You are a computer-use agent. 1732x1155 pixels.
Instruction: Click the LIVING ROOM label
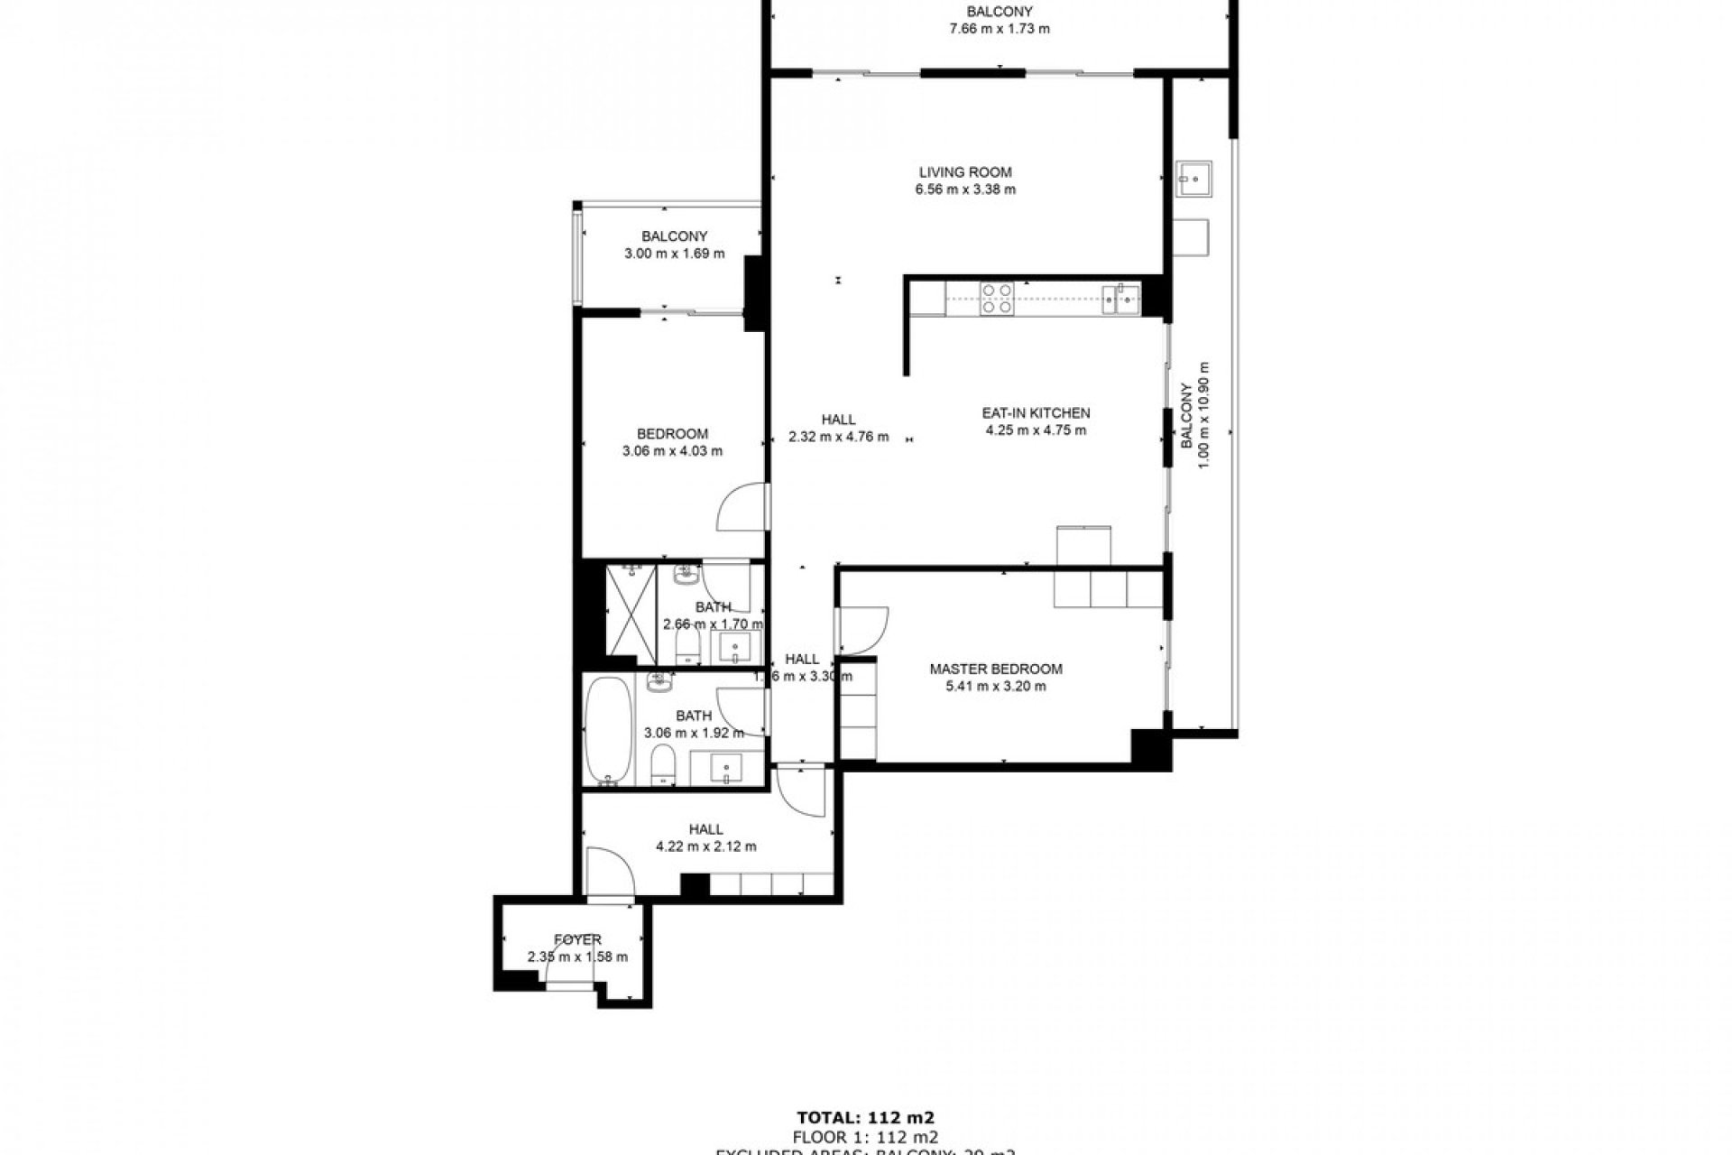(x=964, y=172)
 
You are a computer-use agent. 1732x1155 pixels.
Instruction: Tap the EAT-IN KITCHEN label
(x=1036, y=413)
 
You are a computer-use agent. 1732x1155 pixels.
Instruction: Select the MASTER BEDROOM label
(x=995, y=670)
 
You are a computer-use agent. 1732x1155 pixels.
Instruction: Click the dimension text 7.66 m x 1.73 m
(x=999, y=29)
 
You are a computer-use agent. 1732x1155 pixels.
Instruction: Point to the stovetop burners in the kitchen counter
(x=997, y=299)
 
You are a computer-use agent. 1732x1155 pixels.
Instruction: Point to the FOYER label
(x=577, y=940)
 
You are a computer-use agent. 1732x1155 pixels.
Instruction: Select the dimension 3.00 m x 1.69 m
(x=674, y=254)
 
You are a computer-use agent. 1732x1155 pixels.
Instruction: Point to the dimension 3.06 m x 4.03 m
(x=672, y=451)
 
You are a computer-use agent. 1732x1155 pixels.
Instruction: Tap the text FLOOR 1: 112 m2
(x=865, y=1136)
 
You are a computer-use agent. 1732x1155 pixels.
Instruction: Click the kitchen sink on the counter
(x=1120, y=299)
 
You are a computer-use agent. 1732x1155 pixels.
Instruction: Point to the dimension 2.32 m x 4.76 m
(x=838, y=438)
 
